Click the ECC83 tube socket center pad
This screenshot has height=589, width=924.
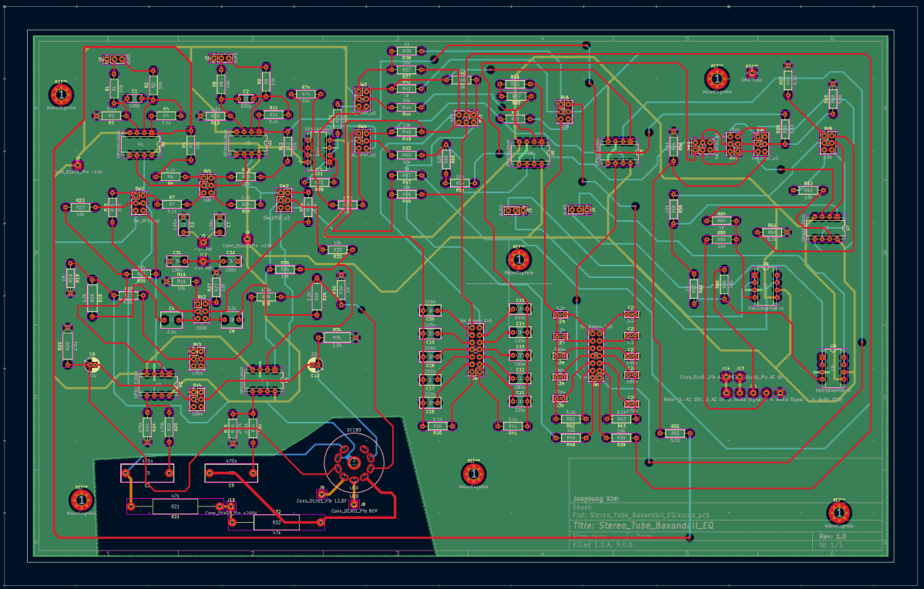(353, 463)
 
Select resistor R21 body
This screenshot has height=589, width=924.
(175, 506)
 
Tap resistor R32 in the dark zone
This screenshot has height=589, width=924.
(277, 522)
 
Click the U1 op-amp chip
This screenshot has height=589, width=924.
(140, 144)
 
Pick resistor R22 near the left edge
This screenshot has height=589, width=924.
(80, 207)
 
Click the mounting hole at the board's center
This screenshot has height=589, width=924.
(519, 259)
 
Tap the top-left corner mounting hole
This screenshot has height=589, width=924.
(61, 94)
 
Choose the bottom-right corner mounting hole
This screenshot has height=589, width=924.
(839, 511)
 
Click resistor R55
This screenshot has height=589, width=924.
(675, 433)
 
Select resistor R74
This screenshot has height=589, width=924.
(306, 94)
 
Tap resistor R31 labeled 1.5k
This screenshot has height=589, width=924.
(337, 337)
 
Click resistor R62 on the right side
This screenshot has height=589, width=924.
(808, 190)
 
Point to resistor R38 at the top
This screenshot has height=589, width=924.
(407, 51)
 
